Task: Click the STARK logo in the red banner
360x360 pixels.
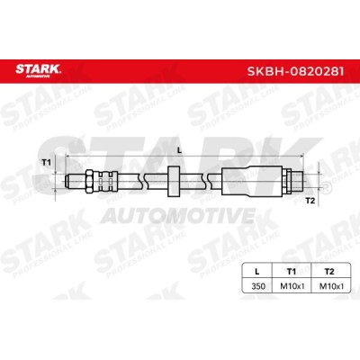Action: (38, 70)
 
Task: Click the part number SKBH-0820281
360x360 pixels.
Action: (295, 72)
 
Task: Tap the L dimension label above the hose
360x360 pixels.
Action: (180, 151)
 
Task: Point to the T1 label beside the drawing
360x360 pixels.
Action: (46, 163)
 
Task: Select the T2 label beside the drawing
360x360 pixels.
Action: (310, 201)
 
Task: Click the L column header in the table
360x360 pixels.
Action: (256, 272)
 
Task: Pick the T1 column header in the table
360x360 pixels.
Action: (292, 272)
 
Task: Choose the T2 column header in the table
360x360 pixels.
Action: (329, 272)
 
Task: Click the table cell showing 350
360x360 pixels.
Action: (258, 286)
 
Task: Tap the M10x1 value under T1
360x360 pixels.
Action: (292, 286)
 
